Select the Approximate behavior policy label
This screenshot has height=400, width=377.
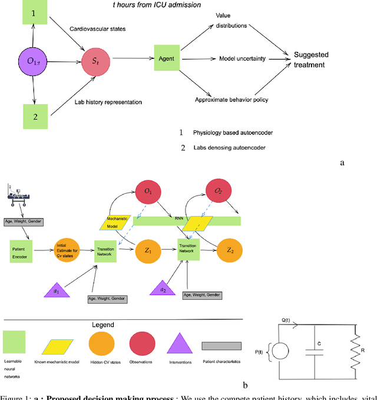pos(232,100)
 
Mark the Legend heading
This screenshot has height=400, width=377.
pos(103,325)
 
